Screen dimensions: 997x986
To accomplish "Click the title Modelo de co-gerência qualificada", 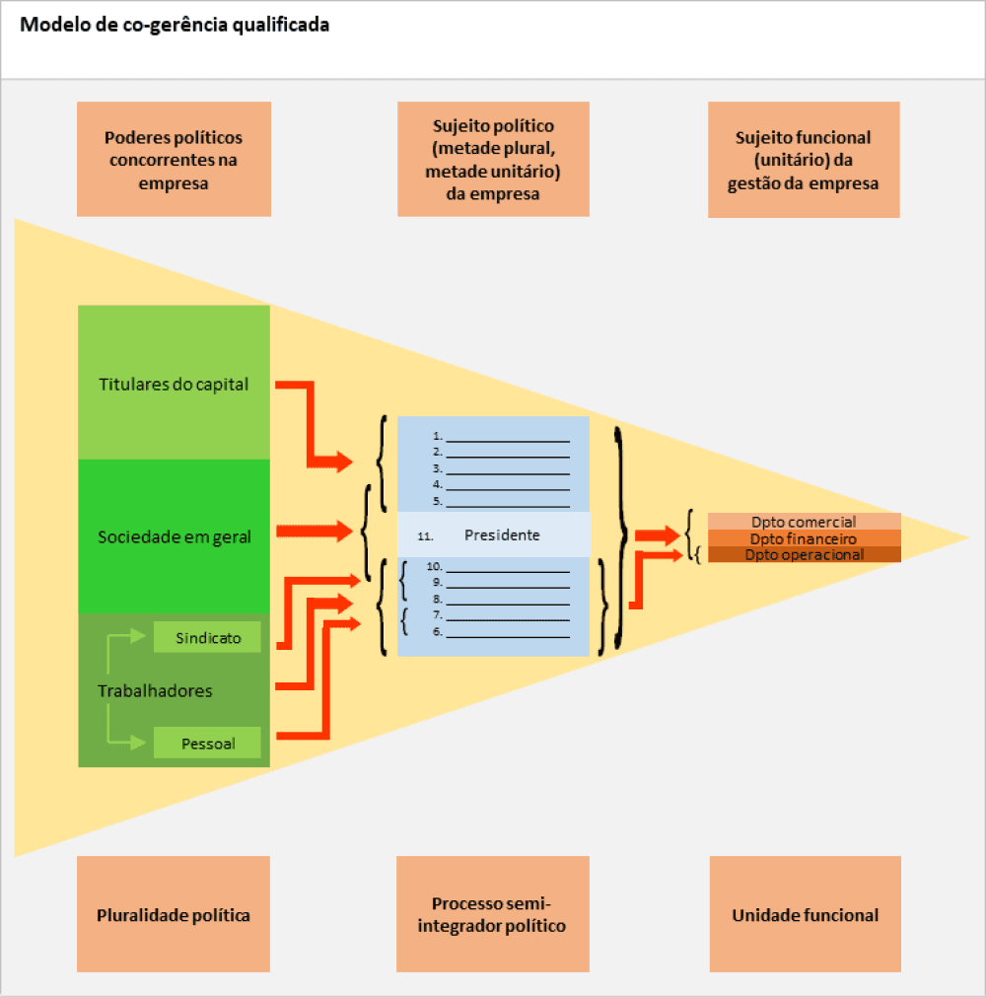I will (176, 26).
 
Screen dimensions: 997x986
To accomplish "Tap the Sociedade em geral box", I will (174, 536).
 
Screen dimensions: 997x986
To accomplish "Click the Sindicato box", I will (208, 638).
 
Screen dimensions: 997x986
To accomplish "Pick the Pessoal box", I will (208, 744).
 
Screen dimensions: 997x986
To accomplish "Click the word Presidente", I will (502, 535).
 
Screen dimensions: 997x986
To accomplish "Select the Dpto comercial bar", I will (804, 522).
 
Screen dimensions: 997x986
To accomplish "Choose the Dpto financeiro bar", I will (804, 538).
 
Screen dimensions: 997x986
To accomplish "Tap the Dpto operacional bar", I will (804, 554).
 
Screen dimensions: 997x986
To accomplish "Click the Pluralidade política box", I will (174, 914).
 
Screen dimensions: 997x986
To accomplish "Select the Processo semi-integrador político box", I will (493, 914).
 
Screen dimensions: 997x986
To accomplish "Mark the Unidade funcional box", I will (805, 914).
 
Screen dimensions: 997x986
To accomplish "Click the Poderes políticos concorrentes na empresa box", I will (174, 160).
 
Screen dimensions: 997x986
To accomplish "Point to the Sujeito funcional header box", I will (804, 160).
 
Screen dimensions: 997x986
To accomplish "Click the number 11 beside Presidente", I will (426, 536).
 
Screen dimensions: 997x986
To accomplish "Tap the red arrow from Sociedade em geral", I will (315, 532).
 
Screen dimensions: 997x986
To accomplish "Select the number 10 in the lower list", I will (432, 567).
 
